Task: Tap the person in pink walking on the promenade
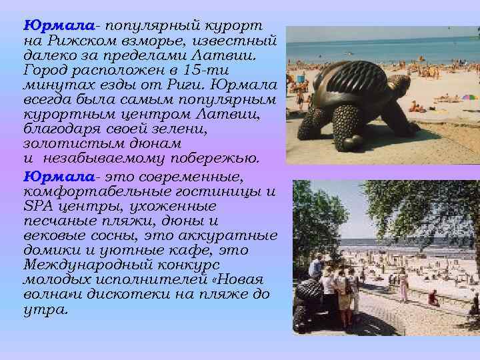click(404, 283)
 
